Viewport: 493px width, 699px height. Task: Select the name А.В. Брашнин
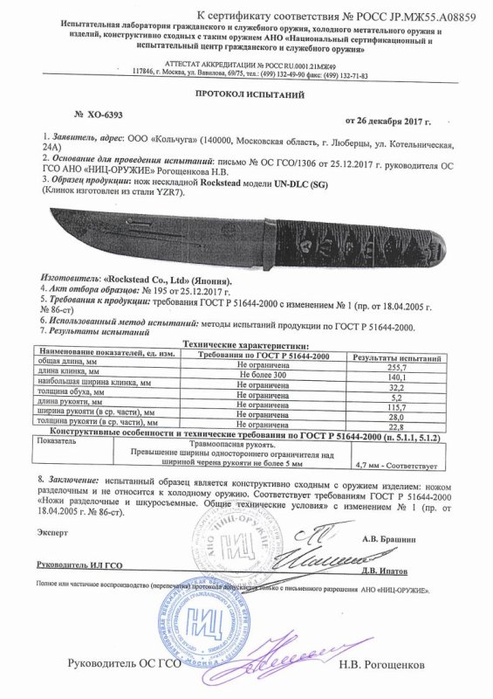point(413,538)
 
